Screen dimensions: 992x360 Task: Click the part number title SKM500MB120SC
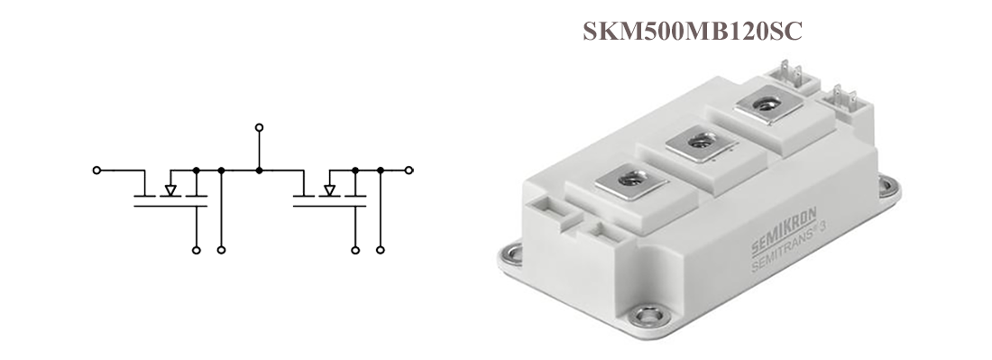point(692,31)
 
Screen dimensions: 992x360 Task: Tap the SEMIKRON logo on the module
point(784,231)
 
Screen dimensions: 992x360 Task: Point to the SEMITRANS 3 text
point(791,250)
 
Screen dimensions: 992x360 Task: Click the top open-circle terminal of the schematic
point(259,128)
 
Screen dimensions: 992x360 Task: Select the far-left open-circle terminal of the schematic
point(96,171)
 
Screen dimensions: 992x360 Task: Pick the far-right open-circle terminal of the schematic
point(409,171)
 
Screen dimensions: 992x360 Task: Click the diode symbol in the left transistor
point(170,190)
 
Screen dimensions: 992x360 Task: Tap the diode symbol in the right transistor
point(329,190)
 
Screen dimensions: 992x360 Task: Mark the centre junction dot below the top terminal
point(259,171)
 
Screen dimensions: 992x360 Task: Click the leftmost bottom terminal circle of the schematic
point(196,251)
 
